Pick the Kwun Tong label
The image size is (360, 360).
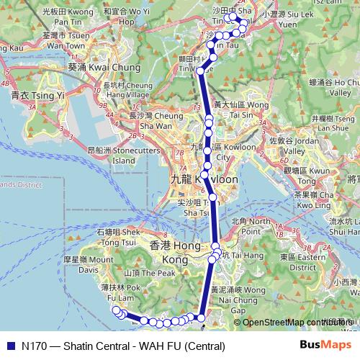point(298,176)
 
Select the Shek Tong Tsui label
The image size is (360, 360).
point(118,237)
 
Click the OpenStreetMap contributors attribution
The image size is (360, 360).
point(295,323)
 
